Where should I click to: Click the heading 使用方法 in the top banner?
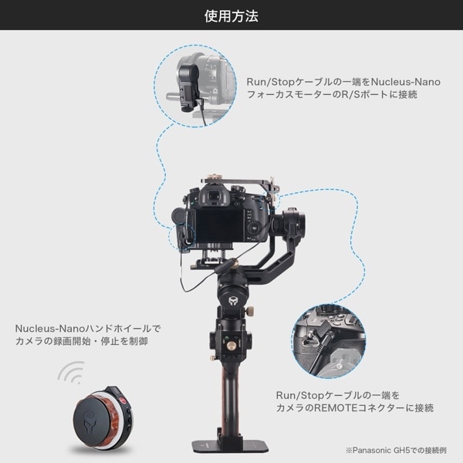pos(231,16)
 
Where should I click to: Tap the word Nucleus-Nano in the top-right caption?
pos(405,82)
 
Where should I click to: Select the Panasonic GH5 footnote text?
pos(396,450)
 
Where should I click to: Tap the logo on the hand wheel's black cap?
pos(89,420)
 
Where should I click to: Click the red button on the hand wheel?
pos(122,400)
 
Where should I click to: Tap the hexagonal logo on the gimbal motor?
pos(233,301)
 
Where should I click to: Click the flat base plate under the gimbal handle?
pos(231,446)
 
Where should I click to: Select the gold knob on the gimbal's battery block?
pos(229,344)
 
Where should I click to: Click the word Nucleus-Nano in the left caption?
pos(50,329)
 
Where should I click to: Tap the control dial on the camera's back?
pos(254,228)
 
